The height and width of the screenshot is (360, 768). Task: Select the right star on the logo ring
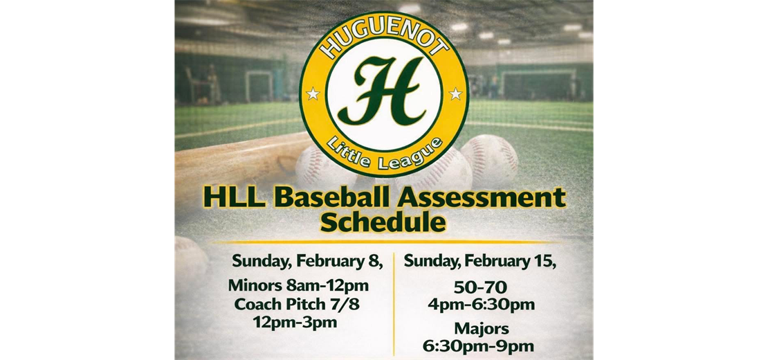[455, 93]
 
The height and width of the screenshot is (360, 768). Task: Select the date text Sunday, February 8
[307, 262]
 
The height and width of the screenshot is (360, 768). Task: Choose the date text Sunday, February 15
[481, 262]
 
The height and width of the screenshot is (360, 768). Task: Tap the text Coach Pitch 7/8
[298, 304]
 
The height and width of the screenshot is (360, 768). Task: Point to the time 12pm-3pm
[295, 322]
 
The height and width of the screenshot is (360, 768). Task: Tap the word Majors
[482, 328]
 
